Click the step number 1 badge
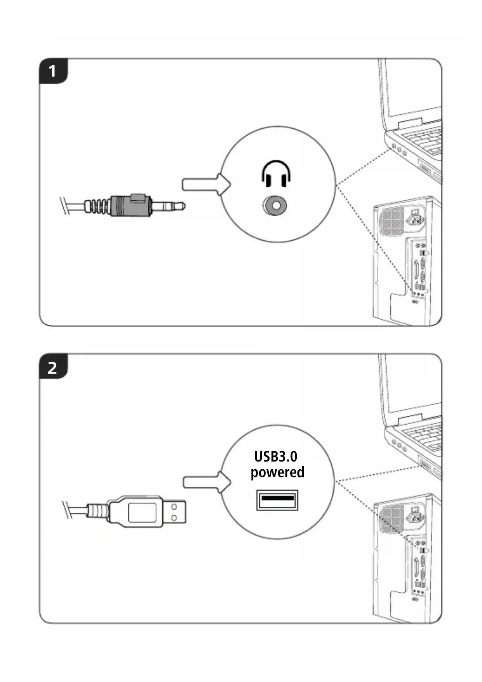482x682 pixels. pos(53,71)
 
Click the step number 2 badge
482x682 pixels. pos(53,367)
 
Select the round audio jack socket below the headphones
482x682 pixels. pos(275,205)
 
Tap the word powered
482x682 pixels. pos(277,472)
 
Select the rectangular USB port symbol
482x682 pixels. pos(277,500)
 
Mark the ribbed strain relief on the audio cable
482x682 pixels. pos(97,205)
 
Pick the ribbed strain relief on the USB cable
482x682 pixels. pos(97,511)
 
